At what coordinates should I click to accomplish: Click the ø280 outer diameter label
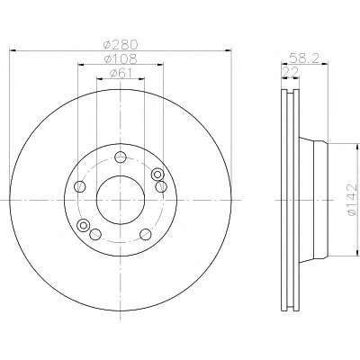coord(121,45)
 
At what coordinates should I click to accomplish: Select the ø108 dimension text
coord(121,58)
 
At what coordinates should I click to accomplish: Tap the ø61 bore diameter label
coord(121,73)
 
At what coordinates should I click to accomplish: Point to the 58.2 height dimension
coord(304,58)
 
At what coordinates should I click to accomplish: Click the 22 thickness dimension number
coord(291,73)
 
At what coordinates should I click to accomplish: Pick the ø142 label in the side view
coord(352,200)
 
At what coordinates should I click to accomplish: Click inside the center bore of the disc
coord(121,200)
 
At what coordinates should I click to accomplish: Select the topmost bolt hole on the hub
coord(121,157)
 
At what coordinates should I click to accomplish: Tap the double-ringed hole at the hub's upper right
coord(157,175)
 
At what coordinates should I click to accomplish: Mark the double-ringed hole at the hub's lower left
coord(83,225)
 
